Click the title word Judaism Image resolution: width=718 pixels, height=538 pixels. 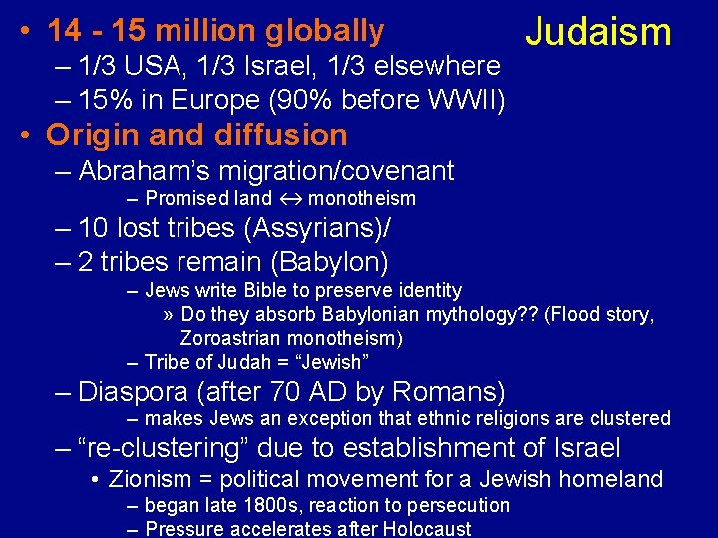tap(598, 32)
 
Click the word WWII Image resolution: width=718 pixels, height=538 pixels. tap(471, 100)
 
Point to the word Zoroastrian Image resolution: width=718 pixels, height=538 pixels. tap(231, 338)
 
